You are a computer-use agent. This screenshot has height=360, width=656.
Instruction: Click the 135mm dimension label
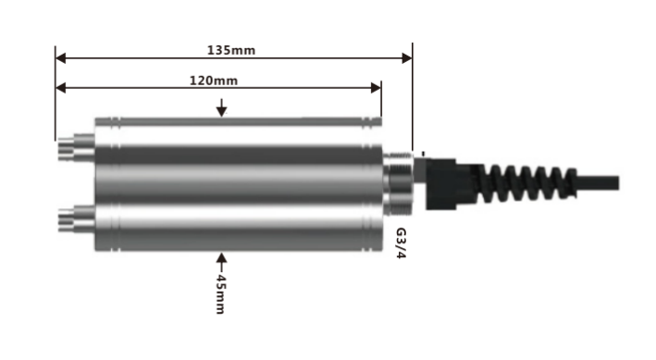click(231, 50)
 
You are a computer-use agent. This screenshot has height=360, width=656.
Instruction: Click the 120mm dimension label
click(214, 81)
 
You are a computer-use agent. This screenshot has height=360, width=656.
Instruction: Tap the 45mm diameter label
click(220, 294)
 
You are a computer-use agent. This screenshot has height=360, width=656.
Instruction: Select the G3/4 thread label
click(401, 243)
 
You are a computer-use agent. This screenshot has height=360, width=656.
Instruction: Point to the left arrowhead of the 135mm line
click(61, 57)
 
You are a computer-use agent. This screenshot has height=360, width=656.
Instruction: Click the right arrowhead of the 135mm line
click(407, 57)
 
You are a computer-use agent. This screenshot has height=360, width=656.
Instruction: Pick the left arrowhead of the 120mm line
click(61, 88)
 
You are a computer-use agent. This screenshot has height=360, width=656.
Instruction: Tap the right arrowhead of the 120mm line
click(376, 88)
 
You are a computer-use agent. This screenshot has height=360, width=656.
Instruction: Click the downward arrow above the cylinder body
click(222, 107)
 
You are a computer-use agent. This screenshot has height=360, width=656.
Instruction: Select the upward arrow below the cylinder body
click(222, 263)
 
